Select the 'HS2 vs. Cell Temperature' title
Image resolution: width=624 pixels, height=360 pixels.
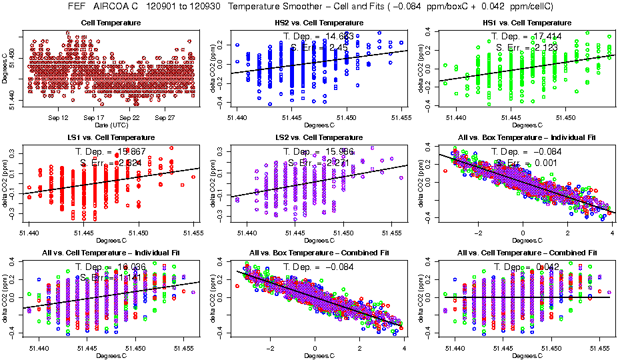point(319,23)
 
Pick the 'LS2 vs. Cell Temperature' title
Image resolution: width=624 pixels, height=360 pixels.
point(319,137)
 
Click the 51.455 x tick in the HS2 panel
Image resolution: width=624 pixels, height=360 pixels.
point(402,118)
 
